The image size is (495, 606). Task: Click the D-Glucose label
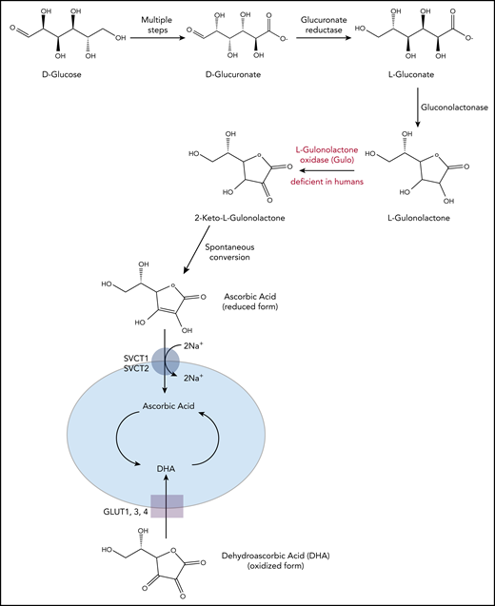point(49,71)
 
